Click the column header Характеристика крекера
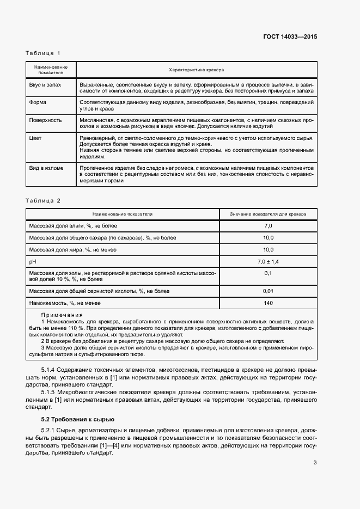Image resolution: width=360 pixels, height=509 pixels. coord(197,70)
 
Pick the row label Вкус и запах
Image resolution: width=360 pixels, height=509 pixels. coord(45,85)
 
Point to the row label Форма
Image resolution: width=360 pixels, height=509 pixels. coord(38,102)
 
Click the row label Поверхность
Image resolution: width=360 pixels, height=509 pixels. coord(45,120)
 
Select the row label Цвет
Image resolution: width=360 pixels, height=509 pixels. coord(35,138)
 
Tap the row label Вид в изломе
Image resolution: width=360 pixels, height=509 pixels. coord(46,168)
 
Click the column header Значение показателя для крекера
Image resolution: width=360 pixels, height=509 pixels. coord(268,214)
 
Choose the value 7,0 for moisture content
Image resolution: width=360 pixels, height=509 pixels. coord(268,225)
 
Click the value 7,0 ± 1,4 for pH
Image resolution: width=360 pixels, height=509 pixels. coord(268,262)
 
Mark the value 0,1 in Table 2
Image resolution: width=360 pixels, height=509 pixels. coord(268,273)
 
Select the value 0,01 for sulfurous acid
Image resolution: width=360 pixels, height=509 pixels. coord(268,291)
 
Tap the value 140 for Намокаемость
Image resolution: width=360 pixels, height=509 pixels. coord(268,303)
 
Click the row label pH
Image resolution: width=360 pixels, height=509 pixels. coord(32,262)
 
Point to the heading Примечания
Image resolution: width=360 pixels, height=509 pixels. coord(62,315)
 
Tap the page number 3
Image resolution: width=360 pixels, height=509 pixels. coord(315,463)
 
